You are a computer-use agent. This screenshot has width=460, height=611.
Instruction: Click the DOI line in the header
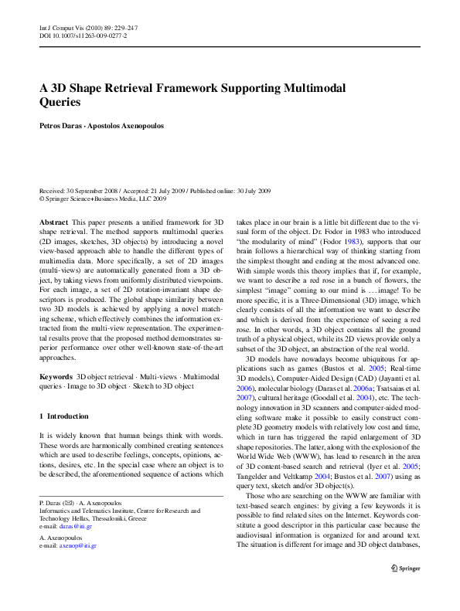point(83,36)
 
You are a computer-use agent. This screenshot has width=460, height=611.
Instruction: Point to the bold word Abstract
point(53,221)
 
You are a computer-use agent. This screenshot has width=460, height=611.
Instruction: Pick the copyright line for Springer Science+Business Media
point(103,198)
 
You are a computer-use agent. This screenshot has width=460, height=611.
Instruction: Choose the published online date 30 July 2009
point(247,190)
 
